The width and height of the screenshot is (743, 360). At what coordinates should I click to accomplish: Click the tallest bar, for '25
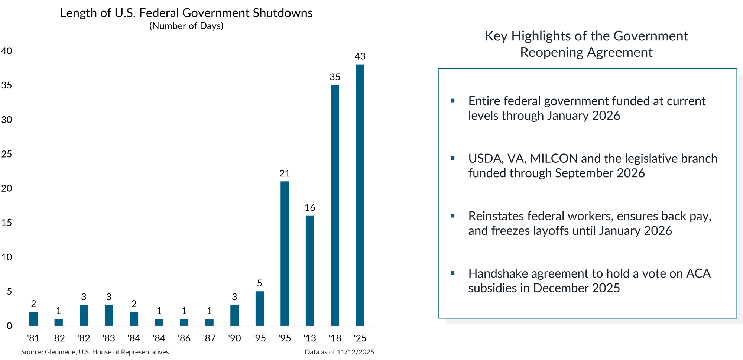[x=360, y=195]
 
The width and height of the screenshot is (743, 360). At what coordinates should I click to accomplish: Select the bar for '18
[x=335, y=205]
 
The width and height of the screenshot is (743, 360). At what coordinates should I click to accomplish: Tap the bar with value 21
[x=285, y=253]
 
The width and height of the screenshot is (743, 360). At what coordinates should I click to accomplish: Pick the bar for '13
[x=310, y=271]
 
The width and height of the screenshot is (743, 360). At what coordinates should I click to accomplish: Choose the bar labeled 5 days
[x=260, y=308]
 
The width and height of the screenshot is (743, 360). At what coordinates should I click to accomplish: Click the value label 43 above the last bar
[x=360, y=56]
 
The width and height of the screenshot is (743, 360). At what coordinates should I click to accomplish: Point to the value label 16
[x=310, y=208]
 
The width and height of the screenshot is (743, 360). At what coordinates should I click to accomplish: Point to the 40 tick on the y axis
[x=7, y=51]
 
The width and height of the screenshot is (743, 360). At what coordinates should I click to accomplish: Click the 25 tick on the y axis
[x=7, y=154]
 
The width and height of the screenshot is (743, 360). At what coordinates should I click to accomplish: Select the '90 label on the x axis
[x=234, y=338]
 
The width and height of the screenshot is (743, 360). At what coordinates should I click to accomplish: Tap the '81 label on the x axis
[x=33, y=338]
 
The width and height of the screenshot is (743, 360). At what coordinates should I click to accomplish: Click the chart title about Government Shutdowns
[x=186, y=13]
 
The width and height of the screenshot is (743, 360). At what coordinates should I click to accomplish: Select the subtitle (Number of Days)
[x=186, y=26]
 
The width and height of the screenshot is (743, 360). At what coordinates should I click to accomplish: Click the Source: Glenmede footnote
[x=95, y=352]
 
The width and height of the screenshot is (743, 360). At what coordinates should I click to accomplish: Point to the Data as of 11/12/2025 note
[x=340, y=352]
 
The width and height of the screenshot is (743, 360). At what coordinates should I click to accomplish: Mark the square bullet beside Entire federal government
[x=452, y=101]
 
